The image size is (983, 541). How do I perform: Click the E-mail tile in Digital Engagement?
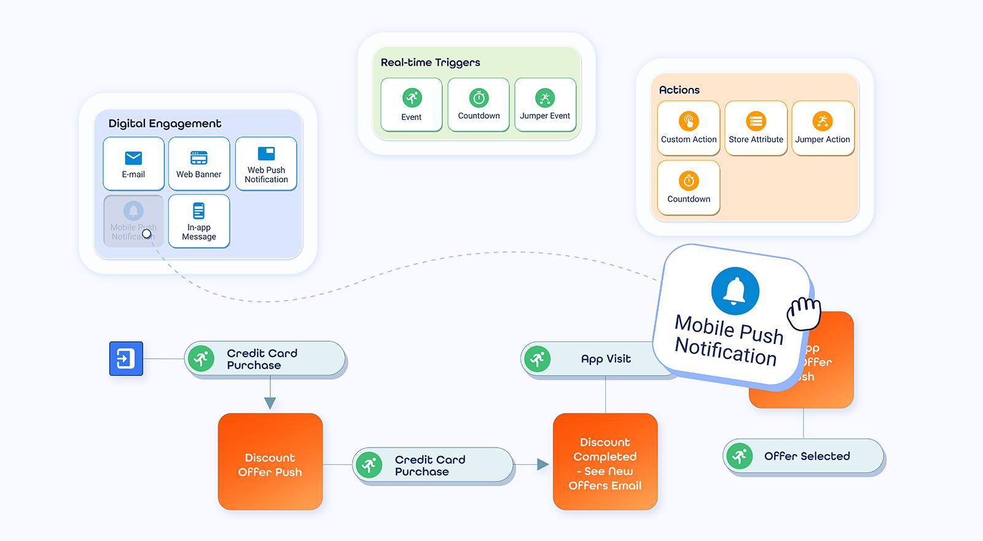point(133,164)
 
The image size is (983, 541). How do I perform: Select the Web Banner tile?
point(198,164)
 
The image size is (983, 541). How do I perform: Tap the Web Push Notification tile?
point(266,164)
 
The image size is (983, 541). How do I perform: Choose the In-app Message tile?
point(198,221)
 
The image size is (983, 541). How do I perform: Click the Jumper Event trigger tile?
point(545,105)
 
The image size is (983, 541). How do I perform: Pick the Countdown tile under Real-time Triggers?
point(479,105)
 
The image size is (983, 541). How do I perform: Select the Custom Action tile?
point(689,128)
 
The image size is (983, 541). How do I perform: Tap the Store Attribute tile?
point(756,128)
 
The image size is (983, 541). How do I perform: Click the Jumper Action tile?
point(823,128)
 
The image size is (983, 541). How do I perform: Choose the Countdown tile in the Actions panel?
point(689,188)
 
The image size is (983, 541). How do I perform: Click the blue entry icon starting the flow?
point(126,358)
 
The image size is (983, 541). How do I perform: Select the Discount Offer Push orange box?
point(270,462)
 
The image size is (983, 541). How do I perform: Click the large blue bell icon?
point(735,291)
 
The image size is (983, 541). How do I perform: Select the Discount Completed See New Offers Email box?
point(605,462)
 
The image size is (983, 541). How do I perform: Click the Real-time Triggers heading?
point(430,63)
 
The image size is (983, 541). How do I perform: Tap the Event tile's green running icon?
point(412,98)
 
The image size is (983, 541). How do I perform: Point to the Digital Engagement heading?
point(165,124)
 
